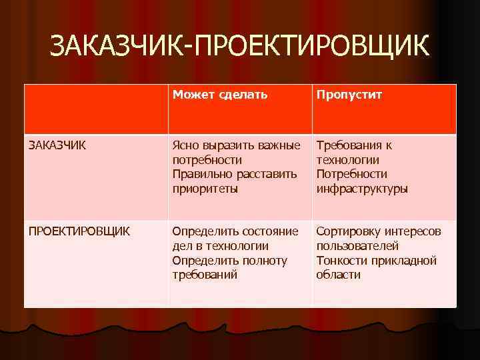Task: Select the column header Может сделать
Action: (220, 95)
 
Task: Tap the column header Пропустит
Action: (349, 95)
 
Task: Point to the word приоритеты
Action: (205, 189)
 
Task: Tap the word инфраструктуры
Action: (361, 189)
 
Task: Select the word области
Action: (338, 275)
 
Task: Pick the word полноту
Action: (266, 261)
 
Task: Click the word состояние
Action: (266, 231)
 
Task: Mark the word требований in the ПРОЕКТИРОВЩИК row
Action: (205, 275)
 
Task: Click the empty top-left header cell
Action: (96, 109)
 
